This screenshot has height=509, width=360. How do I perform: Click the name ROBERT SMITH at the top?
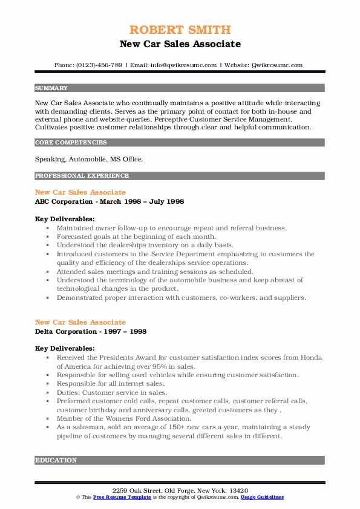click(180, 30)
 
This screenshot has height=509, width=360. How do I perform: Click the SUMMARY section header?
click(52, 88)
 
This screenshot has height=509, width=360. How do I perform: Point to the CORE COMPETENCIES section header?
click(71, 143)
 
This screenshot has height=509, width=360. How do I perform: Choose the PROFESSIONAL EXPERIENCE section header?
click(82, 176)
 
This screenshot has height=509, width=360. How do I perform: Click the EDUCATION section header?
click(56, 461)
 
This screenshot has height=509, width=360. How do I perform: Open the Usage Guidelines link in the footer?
click(262, 497)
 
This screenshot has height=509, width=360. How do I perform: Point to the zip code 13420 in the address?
click(238, 490)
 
